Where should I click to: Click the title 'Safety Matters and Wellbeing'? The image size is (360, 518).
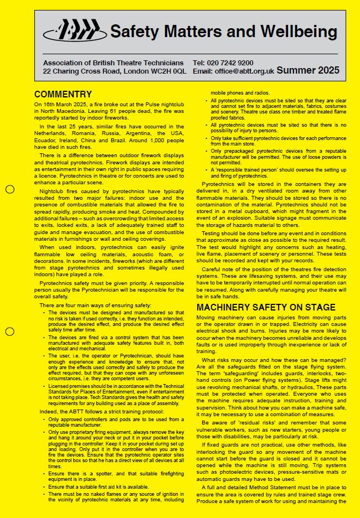[223, 32]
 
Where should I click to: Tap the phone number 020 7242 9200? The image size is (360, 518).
[231, 63]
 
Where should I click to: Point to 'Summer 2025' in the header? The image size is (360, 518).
[308, 70]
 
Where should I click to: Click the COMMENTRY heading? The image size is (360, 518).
[63, 94]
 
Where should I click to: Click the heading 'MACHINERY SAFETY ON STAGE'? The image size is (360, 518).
[266, 307]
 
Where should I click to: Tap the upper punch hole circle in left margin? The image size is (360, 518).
[9, 189]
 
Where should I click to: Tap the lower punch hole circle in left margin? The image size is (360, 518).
[9, 331]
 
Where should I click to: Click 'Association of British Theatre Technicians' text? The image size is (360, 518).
[114, 63]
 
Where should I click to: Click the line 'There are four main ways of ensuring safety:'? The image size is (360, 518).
[95, 305]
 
